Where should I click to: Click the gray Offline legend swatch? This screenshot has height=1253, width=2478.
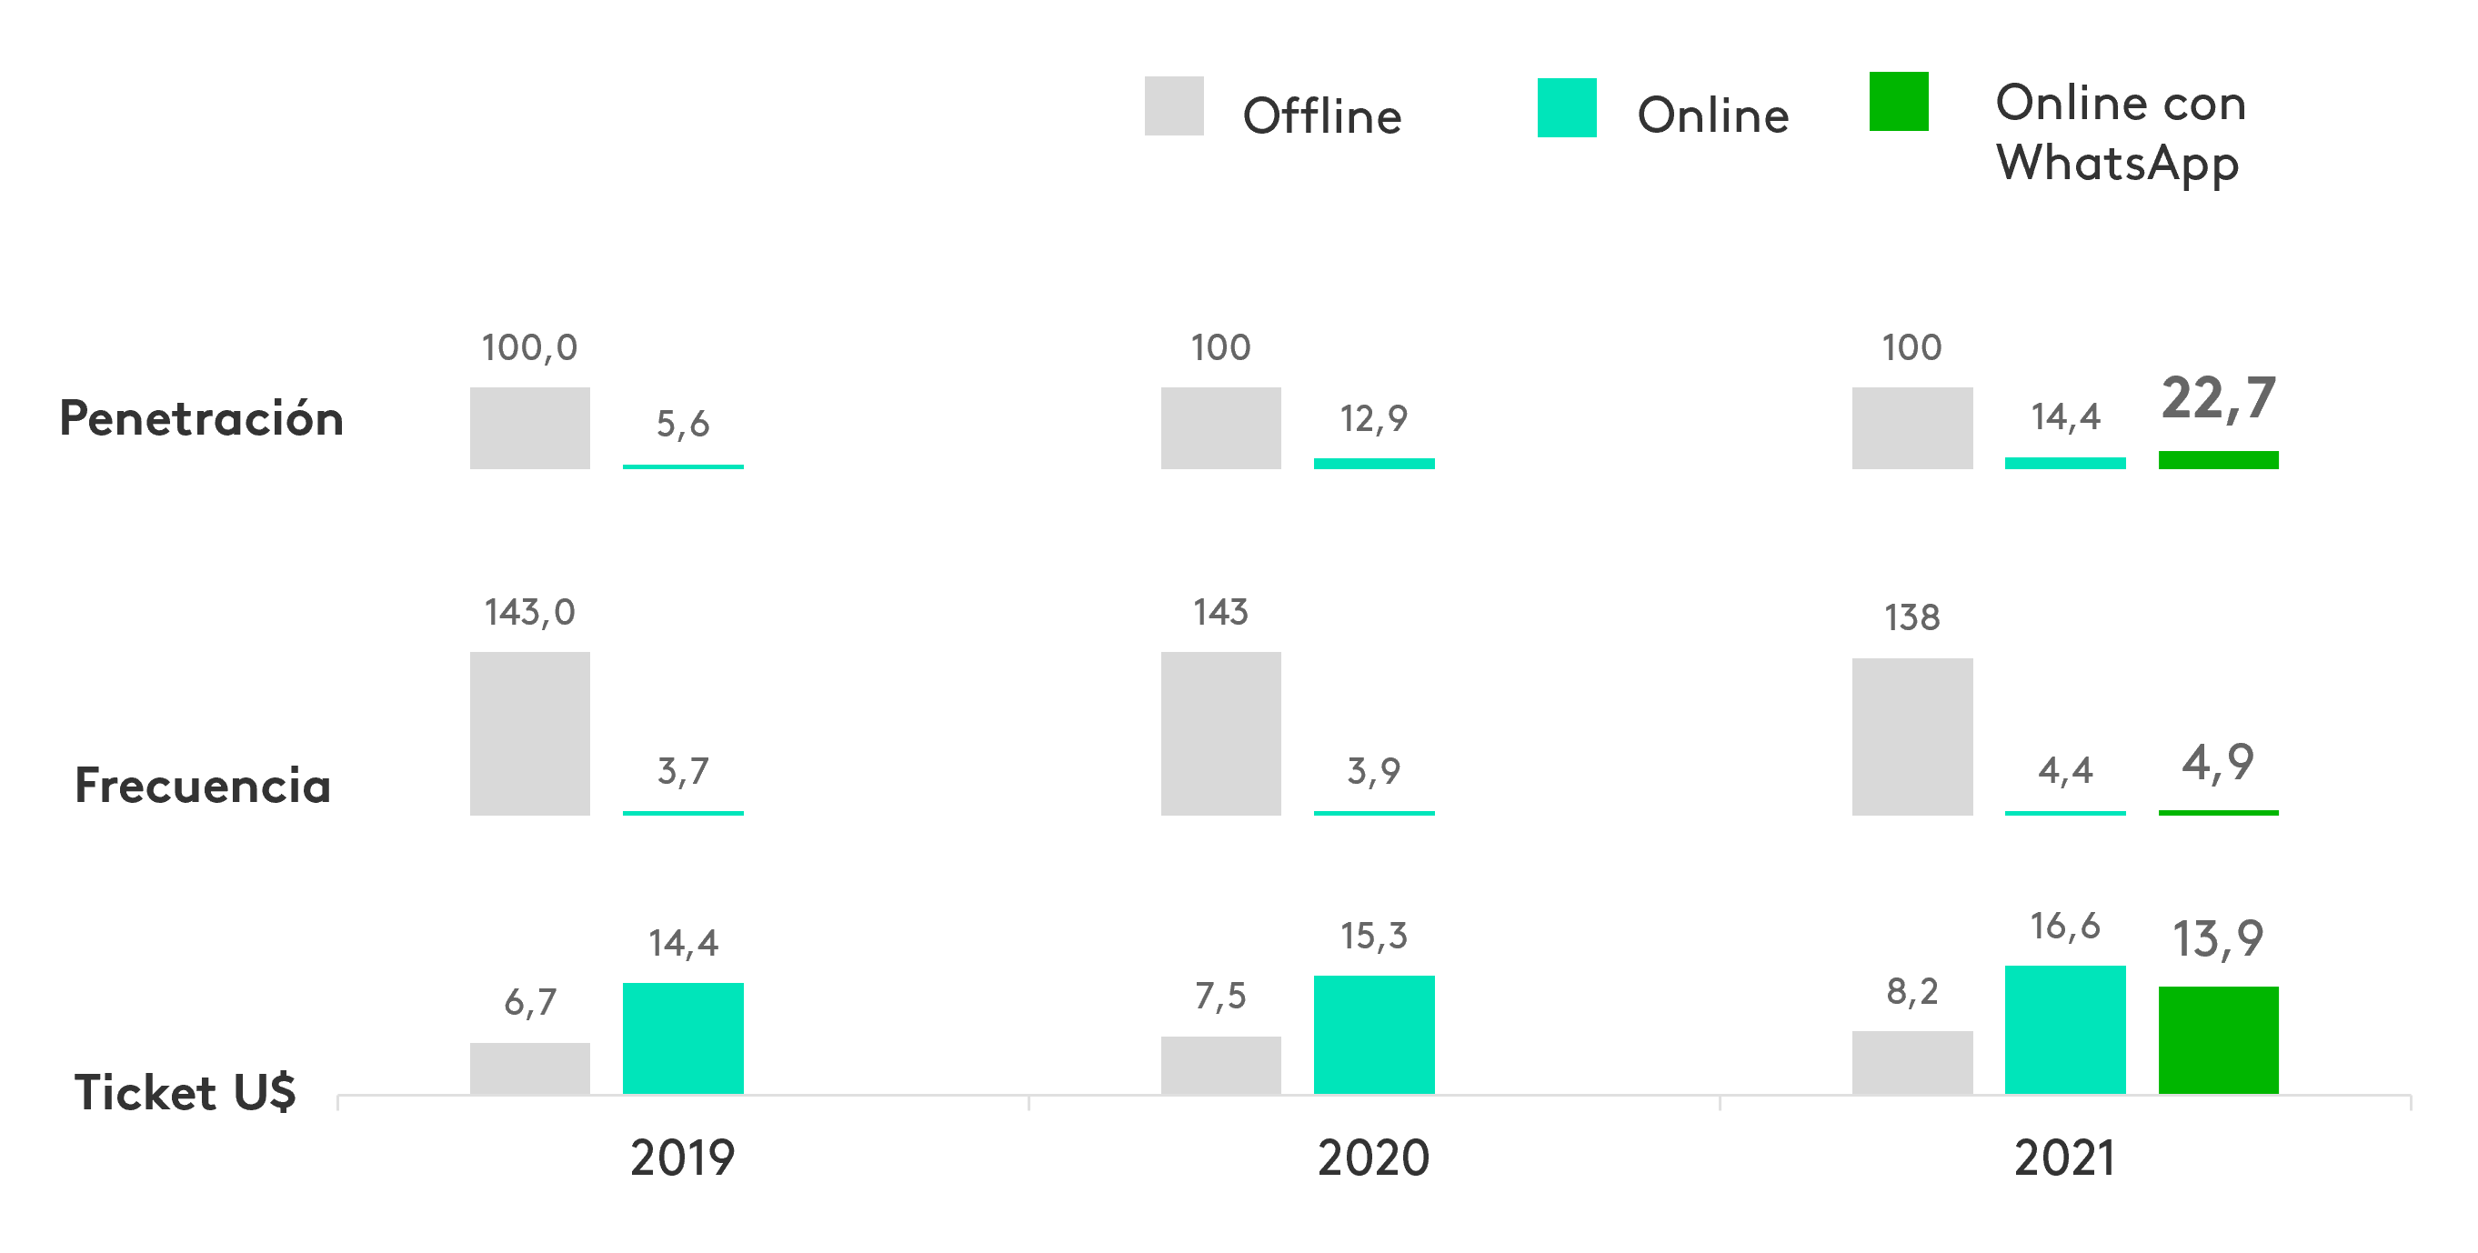[1174, 105]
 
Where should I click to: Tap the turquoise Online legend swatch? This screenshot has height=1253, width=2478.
[1566, 107]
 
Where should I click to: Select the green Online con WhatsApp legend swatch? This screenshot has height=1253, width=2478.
[1898, 101]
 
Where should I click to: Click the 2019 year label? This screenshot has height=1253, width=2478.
[682, 1157]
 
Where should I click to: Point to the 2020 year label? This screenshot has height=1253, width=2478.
[1373, 1157]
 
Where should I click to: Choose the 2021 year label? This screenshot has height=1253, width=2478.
[2064, 1157]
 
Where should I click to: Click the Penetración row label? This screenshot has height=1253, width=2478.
[201, 418]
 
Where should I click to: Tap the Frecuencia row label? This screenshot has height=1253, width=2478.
[203, 786]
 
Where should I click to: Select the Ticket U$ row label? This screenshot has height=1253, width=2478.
[185, 1092]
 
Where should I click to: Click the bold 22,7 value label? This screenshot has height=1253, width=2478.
[2217, 398]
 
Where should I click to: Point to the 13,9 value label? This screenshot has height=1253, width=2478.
[2217, 938]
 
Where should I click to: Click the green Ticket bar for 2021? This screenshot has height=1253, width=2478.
[2217, 1039]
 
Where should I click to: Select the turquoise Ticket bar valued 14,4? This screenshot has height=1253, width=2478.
[682, 1037]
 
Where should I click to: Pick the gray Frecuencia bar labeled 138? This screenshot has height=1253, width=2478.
[1911, 737]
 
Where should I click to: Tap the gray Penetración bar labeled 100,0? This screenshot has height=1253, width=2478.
[529, 428]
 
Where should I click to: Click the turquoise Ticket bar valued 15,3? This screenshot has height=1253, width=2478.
[1373, 1035]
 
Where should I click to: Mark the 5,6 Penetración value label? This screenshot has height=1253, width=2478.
[682, 423]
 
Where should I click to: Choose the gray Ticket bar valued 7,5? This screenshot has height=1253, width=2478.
[1219, 1065]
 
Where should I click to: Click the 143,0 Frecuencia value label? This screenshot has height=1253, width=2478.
[529, 612]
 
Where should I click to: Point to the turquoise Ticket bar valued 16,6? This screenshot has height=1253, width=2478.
[2064, 1029]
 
